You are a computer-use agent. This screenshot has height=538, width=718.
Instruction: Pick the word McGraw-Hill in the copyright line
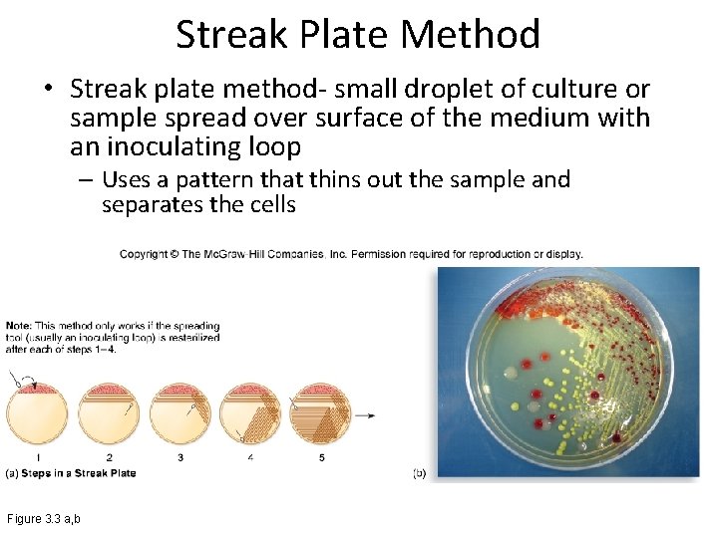pos(264,254)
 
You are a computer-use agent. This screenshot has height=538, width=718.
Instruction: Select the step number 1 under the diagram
pos(37,457)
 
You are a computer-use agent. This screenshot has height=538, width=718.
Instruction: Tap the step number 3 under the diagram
pos(180,457)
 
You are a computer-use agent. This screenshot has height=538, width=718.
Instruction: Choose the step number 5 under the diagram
pos(321,457)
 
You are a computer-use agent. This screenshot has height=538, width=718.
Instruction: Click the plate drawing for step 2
pos(109,413)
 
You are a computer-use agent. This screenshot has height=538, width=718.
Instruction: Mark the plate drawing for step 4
pos(250,413)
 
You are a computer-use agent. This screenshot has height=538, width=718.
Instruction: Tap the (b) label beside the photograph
pos(419,472)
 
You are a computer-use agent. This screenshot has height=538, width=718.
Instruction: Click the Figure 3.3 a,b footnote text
pos(44,519)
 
